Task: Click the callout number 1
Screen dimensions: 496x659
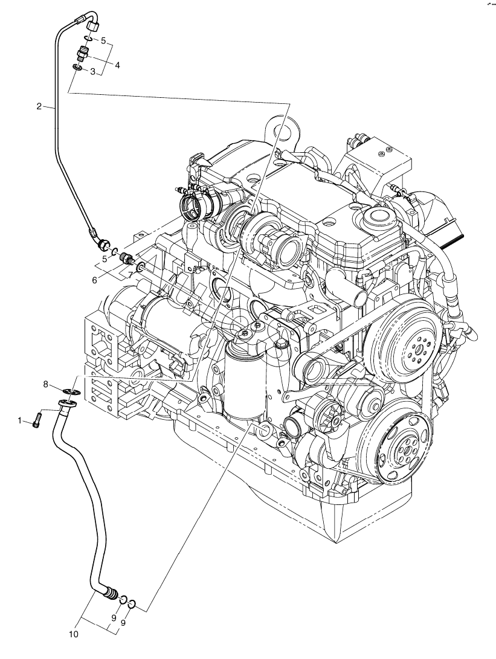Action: tap(19, 420)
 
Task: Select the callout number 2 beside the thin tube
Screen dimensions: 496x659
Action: tap(39, 106)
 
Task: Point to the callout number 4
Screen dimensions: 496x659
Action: tap(117, 65)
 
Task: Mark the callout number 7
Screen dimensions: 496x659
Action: tap(130, 274)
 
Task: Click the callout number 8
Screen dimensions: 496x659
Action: tap(46, 384)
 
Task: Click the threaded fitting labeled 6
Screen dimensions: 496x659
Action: tap(127, 259)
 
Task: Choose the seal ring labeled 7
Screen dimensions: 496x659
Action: tap(140, 266)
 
